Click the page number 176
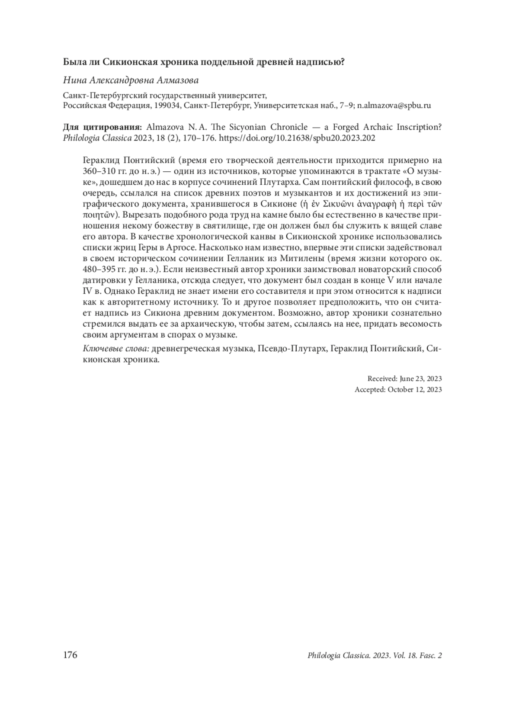[70, 655]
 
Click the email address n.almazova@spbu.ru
[394, 105]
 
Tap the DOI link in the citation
[298, 138]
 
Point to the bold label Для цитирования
[102, 127]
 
